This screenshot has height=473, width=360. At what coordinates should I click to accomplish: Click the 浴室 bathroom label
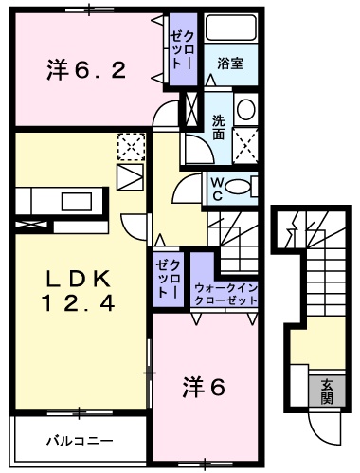point(230,65)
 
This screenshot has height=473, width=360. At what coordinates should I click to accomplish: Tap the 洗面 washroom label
point(219,127)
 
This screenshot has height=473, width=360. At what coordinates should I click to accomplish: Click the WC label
point(217,187)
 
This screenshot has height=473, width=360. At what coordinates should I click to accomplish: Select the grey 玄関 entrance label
point(326,391)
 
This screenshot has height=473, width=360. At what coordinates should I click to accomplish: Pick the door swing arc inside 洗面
point(197,150)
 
